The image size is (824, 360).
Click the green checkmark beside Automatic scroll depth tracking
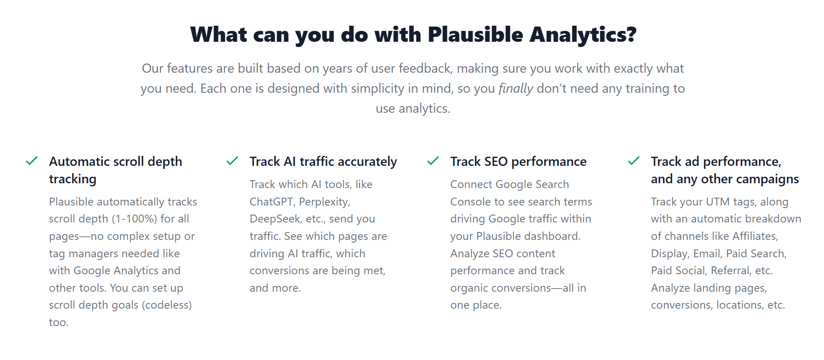pyautogui.click(x=32, y=161)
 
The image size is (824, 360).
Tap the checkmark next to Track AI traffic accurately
pyautogui.click(x=232, y=161)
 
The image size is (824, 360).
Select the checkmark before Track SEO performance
pyautogui.click(x=433, y=161)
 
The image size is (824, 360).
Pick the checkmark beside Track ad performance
pyautogui.click(x=634, y=161)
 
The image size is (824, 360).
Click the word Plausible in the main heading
pyautogui.click(x=475, y=34)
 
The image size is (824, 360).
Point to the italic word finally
pyautogui.click(x=515, y=88)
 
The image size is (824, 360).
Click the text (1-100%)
pyautogui.click(x=135, y=219)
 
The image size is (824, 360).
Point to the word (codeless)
pyautogui.click(x=167, y=305)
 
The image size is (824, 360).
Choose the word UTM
pyautogui.click(x=717, y=202)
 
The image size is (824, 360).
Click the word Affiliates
pyautogui.click(x=755, y=236)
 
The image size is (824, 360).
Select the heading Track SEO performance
pyautogui.click(x=518, y=161)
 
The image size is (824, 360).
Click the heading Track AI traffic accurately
pyautogui.click(x=323, y=161)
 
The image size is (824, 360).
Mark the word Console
pyautogui.click(x=470, y=202)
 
